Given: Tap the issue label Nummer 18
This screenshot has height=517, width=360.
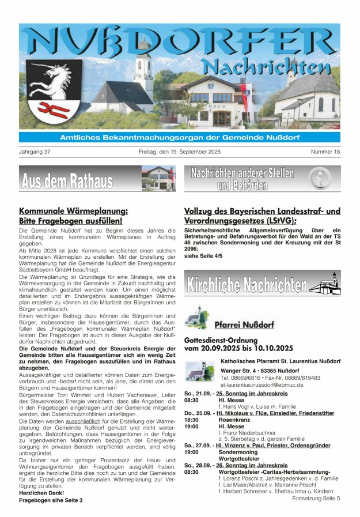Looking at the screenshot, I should coord(325,152).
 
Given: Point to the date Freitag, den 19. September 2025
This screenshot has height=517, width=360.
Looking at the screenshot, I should coord(180,152).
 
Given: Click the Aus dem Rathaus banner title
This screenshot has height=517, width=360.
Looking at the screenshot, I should coord(67,181).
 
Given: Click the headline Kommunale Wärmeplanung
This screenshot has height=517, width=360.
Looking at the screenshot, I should coord(73,211).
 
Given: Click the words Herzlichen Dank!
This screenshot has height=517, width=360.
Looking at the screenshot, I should coord(38,493).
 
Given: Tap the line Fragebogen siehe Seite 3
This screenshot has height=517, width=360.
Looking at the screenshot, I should coord(51,500).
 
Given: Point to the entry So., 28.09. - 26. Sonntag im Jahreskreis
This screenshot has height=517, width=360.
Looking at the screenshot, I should coord(236,465).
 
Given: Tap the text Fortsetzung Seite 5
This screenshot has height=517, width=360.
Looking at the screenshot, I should coord(316,498).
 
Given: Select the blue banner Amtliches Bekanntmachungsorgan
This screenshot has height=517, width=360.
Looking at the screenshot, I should coord(180,137).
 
